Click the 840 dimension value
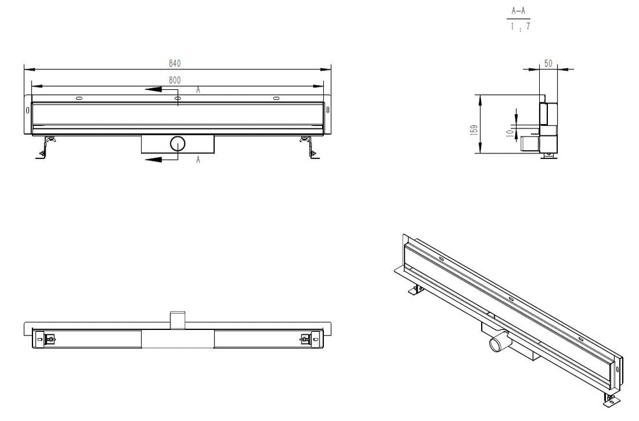pyautogui.click(x=175, y=64)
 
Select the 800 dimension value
pyautogui.click(x=175, y=80)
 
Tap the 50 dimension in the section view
pyautogui.click(x=548, y=64)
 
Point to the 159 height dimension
pyautogui.click(x=474, y=130)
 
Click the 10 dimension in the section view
pyautogui.click(x=510, y=133)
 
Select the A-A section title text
pyautogui.click(x=519, y=11)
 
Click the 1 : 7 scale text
pyautogui.click(x=520, y=26)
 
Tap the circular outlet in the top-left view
pyautogui.click(x=178, y=143)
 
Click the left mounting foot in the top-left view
pyautogui.click(x=46, y=147)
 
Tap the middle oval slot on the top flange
pyautogui.click(x=177, y=98)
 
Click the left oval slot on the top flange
pyautogui.click(x=79, y=98)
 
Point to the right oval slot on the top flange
pyautogui.click(x=276, y=98)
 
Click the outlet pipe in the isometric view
pyautogui.click(x=499, y=342)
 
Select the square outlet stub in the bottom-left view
pyautogui.click(x=177, y=319)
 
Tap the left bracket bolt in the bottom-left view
pyautogui.click(x=50, y=339)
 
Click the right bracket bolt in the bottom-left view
pyautogui.click(x=305, y=339)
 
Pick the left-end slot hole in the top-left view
pyautogui.click(x=27, y=110)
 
